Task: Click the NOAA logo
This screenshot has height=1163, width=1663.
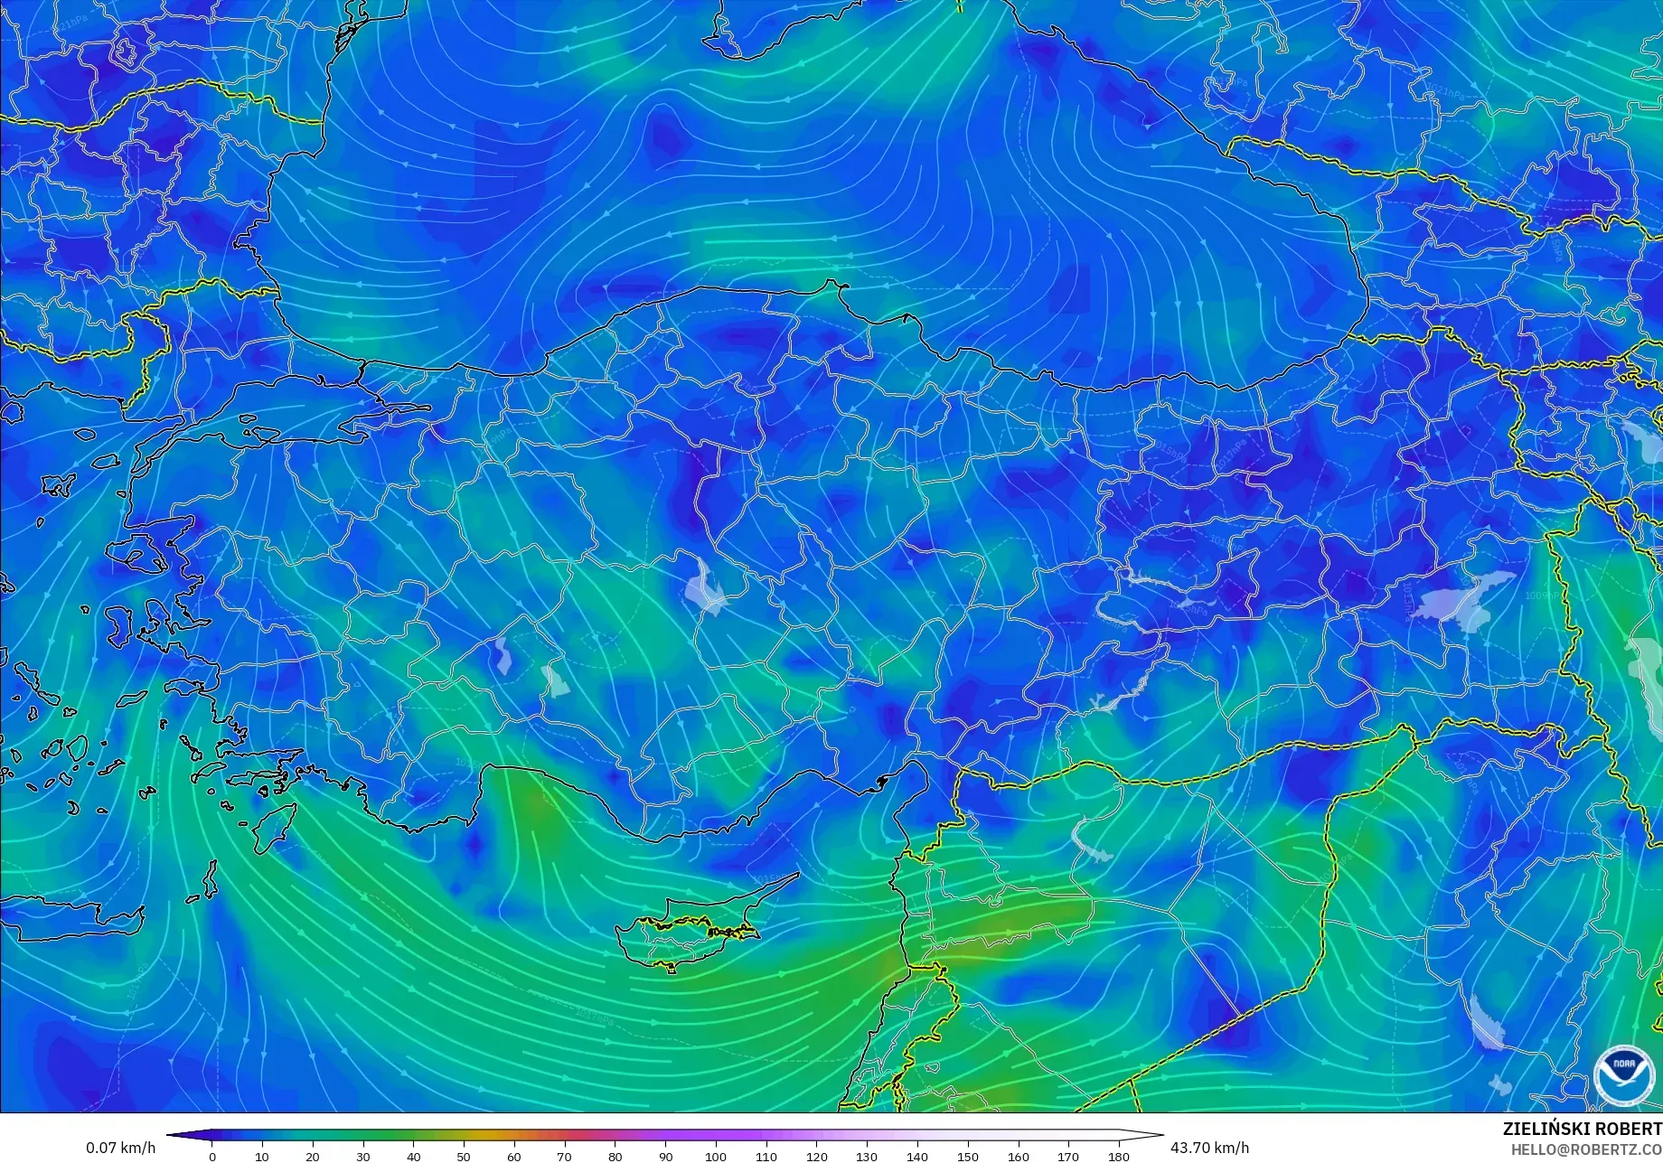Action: tap(1623, 1074)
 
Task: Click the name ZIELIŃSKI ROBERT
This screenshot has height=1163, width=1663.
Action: tap(1582, 1129)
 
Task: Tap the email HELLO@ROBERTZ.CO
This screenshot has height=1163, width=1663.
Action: tap(1587, 1149)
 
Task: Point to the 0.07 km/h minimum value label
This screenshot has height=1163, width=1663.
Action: tap(120, 1148)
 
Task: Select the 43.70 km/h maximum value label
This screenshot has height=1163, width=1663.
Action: tap(1209, 1148)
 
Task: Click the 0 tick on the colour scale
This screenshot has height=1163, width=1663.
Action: tap(212, 1156)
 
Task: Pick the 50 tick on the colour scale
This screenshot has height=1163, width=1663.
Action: tap(464, 1156)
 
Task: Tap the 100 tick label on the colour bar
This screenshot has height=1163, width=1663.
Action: tap(716, 1156)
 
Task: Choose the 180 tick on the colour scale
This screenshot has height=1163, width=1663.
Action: tap(1119, 1156)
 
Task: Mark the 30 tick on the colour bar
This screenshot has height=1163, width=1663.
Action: tap(363, 1156)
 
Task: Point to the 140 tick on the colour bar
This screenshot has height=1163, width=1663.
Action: tap(917, 1156)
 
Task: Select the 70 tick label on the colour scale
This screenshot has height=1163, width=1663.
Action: tap(565, 1156)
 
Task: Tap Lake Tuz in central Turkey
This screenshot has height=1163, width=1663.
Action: tap(706, 587)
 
